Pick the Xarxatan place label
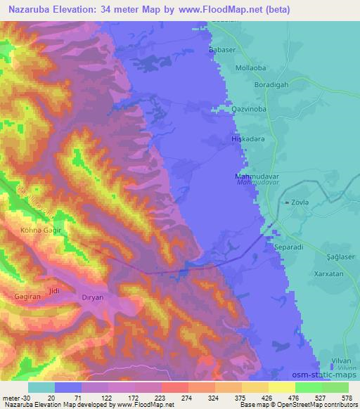point(329,274)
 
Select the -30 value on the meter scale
point(14,398)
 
